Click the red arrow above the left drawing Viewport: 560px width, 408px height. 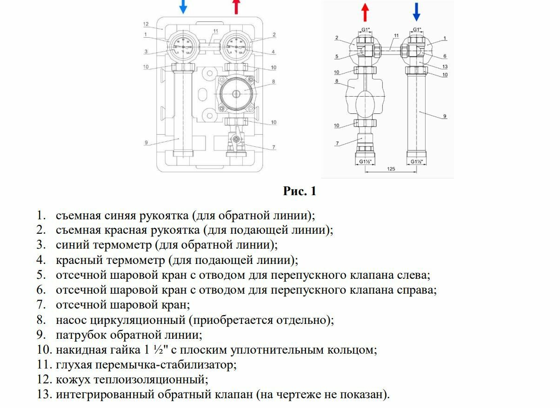pyautogui.click(x=237, y=7)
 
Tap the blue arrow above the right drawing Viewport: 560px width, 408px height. pyautogui.click(x=416, y=12)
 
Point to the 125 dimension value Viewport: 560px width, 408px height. pyautogui.click(x=391, y=169)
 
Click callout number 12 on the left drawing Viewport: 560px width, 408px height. pyautogui.click(x=146, y=24)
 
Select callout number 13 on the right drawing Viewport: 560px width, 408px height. pyautogui.click(x=445, y=67)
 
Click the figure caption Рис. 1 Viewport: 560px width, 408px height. pyautogui.click(x=300, y=191)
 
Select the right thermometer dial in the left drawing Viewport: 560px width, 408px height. pyautogui.click(x=236, y=47)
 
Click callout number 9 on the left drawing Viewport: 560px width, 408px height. pyautogui.click(x=146, y=143)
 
